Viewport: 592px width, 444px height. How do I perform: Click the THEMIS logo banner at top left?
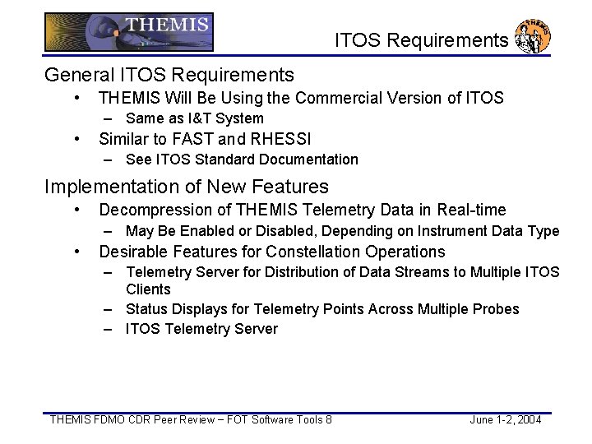(128, 33)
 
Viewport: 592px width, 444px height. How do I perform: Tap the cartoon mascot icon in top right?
(532, 37)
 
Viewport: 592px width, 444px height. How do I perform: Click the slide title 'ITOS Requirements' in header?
(422, 40)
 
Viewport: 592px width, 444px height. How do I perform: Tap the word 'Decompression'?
(153, 210)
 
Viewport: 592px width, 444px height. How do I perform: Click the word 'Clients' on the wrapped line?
(148, 289)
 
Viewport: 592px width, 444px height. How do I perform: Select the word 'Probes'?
(497, 309)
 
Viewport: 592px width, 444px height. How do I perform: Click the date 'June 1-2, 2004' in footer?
(505, 420)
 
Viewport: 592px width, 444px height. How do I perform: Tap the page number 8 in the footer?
(329, 420)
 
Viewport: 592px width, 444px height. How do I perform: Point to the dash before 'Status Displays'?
(109, 309)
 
